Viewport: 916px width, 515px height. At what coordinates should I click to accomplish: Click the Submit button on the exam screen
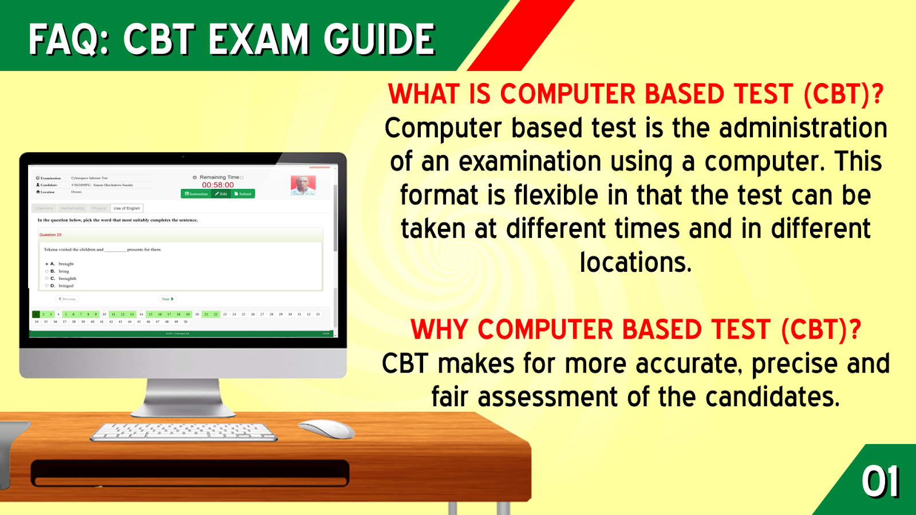(x=243, y=194)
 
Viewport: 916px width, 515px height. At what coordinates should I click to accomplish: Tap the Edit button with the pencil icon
(x=221, y=194)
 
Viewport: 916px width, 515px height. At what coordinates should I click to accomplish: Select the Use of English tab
(x=127, y=208)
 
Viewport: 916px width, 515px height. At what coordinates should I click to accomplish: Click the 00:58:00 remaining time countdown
(x=218, y=185)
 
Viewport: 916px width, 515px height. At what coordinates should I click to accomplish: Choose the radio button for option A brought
(x=47, y=264)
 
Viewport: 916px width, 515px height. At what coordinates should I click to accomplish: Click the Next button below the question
(x=167, y=299)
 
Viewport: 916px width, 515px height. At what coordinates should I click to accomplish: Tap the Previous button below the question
(x=67, y=299)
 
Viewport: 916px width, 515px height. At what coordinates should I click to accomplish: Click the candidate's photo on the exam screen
(x=303, y=185)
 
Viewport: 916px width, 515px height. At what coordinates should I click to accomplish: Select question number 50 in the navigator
(x=185, y=322)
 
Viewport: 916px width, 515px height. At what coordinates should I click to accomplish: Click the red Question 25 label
(x=50, y=235)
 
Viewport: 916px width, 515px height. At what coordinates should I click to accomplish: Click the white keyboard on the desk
(x=183, y=432)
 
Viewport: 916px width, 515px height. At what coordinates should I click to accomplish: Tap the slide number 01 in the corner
(x=881, y=482)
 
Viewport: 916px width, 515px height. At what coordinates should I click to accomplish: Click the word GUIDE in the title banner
(x=379, y=39)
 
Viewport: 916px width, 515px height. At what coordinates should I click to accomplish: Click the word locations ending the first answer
(x=635, y=263)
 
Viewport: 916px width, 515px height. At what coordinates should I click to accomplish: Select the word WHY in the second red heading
(x=440, y=330)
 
